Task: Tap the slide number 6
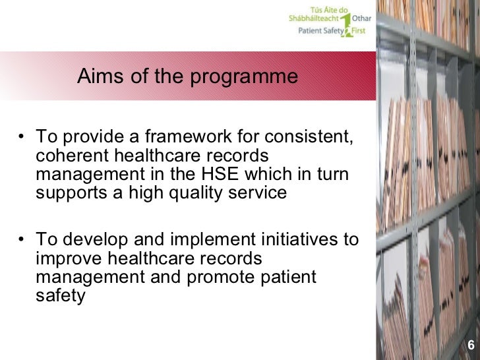[x=471, y=345]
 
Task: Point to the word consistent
[x=309, y=137]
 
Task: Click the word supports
[x=70, y=193]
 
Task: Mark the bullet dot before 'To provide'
[x=22, y=138]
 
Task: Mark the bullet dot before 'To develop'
[x=22, y=240]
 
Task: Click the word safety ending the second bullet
[x=60, y=296]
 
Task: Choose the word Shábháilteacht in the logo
[x=313, y=19]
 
